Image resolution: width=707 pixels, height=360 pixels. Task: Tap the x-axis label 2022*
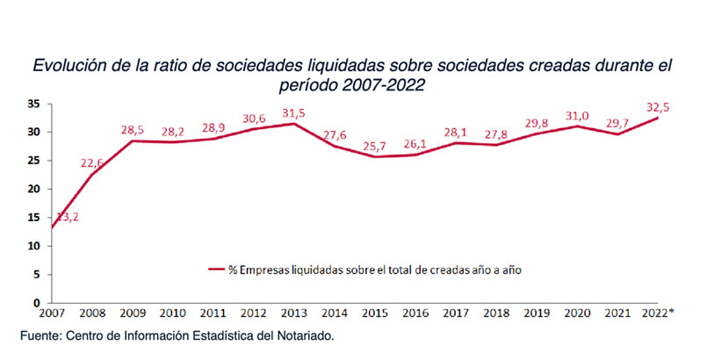click(x=659, y=313)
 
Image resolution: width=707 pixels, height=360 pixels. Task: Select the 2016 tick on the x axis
click(x=415, y=313)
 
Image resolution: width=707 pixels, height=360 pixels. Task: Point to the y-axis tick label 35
click(x=34, y=103)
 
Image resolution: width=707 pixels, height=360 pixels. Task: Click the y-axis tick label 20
click(x=34, y=189)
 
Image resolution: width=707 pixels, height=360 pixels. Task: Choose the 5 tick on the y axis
click(x=38, y=275)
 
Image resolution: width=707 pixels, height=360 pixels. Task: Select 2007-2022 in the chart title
click(x=384, y=86)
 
